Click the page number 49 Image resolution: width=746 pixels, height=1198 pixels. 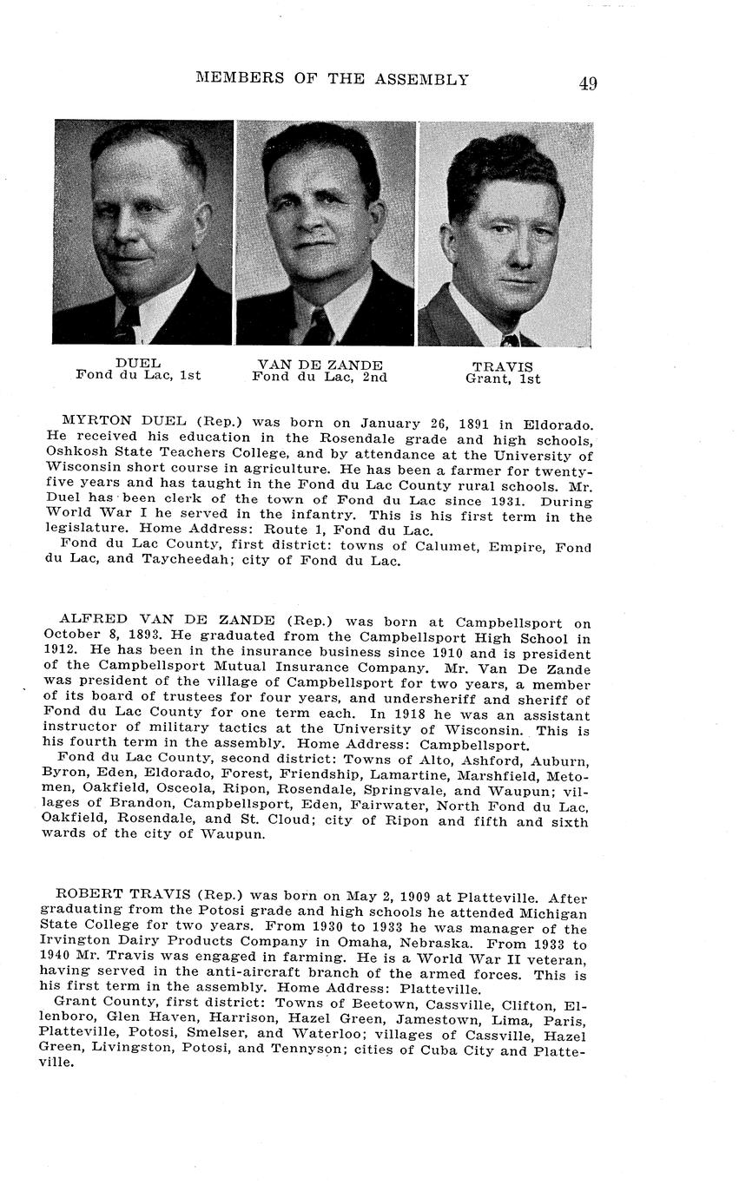pos(587,83)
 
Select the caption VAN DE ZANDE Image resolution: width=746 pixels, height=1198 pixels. pos(320,365)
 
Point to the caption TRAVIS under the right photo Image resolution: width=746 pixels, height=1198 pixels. pos(503,366)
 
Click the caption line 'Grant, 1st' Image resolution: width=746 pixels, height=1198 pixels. pos(503,378)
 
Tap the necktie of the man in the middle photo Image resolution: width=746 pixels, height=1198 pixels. pos(320,326)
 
